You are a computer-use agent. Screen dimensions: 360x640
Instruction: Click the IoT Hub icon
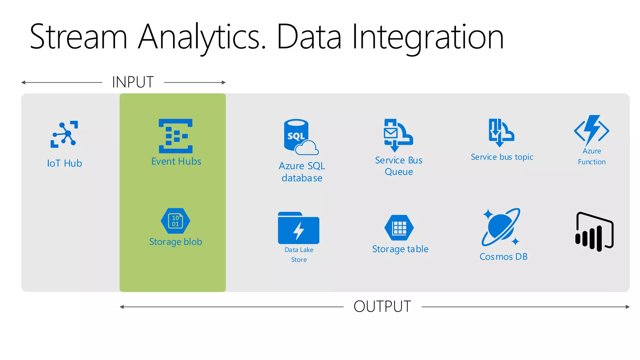click(64, 134)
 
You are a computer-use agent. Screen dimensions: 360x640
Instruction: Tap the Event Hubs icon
click(176, 136)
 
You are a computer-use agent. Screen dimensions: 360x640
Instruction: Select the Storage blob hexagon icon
click(176, 221)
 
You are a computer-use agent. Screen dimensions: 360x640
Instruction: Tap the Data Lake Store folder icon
click(298, 228)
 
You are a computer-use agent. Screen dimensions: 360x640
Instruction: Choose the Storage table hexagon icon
click(399, 227)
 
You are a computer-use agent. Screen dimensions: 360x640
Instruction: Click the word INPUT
click(133, 82)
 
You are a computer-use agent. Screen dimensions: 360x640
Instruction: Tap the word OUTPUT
click(382, 307)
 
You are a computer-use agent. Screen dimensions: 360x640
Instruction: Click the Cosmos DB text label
click(503, 257)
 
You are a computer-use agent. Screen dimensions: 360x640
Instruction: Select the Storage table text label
click(400, 249)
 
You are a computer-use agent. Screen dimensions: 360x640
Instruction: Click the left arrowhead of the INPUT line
click(23, 82)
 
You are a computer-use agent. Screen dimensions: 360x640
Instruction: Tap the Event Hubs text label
click(176, 162)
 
